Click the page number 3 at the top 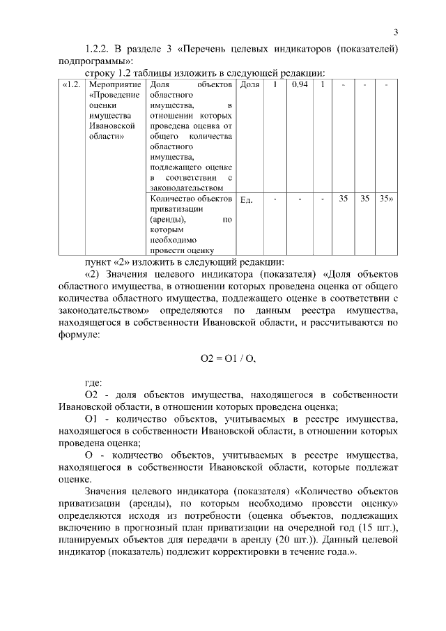tap(396, 32)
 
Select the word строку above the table tap(100, 72)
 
